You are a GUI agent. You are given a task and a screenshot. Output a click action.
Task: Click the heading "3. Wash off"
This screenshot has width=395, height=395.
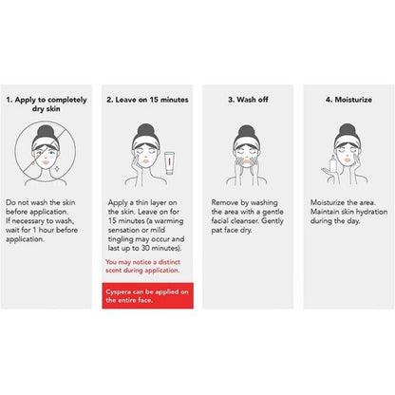(x=248, y=100)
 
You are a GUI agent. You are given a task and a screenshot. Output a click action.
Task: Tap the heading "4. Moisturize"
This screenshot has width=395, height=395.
(x=348, y=100)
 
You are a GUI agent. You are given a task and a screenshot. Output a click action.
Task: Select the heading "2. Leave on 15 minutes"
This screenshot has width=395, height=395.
(x=147, y=100)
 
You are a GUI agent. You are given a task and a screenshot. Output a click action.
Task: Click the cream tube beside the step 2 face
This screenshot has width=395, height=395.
(x=170, y=163)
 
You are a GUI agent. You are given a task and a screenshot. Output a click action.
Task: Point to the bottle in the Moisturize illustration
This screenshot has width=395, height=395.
(x=333, y=164)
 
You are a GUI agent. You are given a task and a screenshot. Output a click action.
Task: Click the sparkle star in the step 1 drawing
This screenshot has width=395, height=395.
(x=57, y=169)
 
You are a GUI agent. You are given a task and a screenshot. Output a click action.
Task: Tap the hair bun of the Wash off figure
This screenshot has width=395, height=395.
(x=246, y=131)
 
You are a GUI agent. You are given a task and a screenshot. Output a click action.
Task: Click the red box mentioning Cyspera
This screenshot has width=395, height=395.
(x=147, y=295)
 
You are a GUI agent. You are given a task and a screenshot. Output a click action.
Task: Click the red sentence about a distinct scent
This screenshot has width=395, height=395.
(x=142, y=266)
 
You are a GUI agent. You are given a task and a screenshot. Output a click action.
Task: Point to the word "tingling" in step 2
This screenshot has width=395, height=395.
(x=121, y=239)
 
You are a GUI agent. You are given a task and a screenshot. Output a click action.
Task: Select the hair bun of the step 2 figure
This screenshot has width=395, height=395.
(x=145, y=130)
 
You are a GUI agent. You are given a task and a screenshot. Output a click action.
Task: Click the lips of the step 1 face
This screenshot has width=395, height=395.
(x=46, y=161)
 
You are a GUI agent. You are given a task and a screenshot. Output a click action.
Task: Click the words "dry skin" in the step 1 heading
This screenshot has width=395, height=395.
(x=46, y=109)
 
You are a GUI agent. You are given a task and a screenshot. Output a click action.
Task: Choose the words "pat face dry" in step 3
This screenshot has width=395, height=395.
(x=231, y=230)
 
